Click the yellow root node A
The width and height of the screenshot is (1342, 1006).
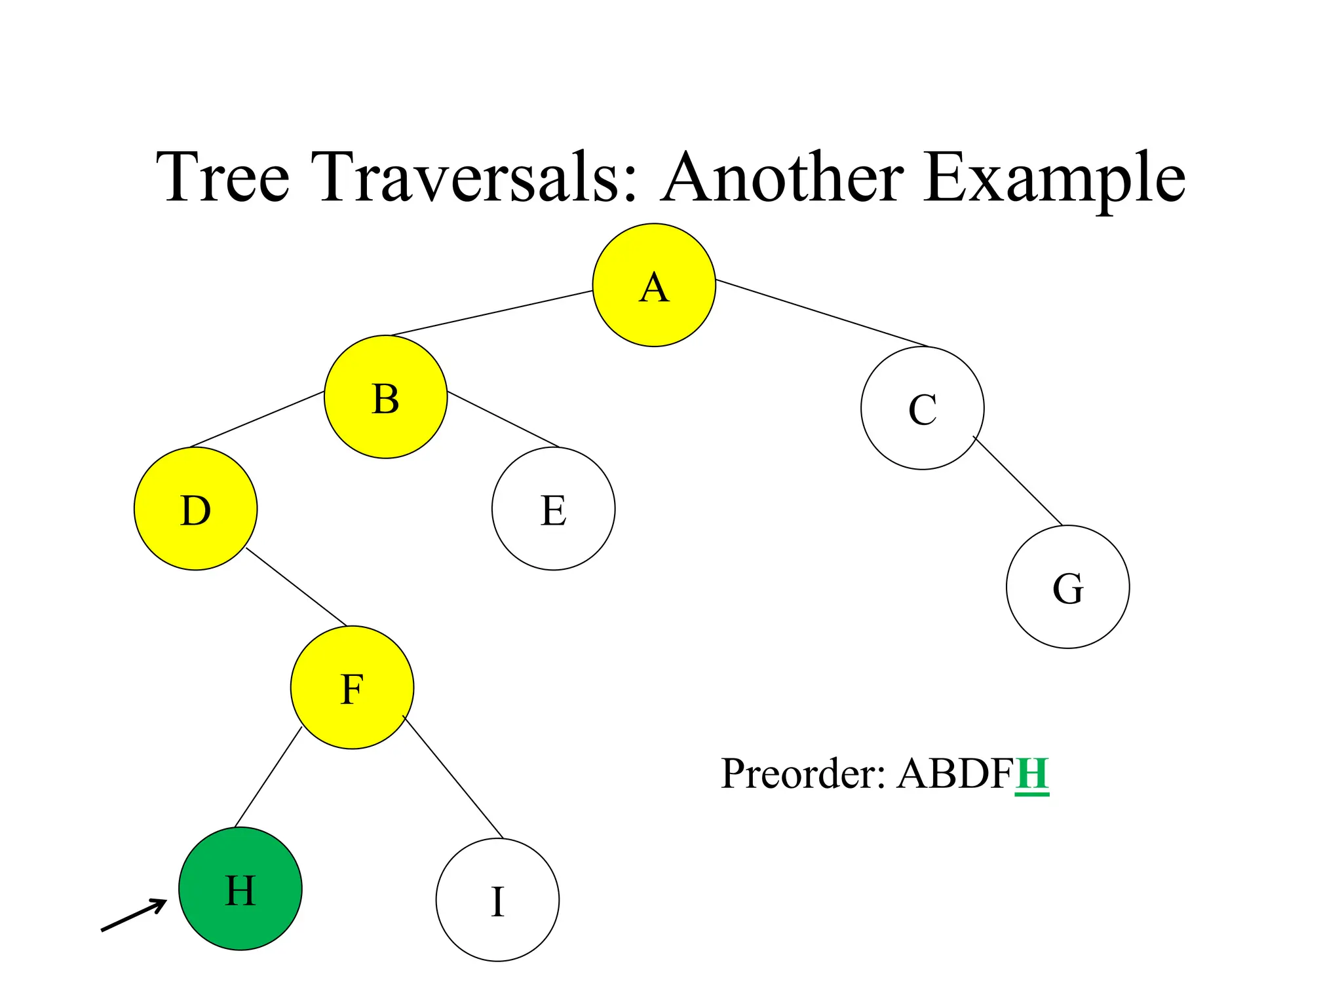[x=654, y=285]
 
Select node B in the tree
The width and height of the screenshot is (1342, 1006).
[x=386, y=397]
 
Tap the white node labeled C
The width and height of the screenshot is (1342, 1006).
[x=922, y=408]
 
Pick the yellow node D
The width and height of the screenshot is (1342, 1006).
[x=195, y=509]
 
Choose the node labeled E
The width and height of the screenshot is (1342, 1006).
[x=553, y=509]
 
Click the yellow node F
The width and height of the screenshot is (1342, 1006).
[x=352, y=688]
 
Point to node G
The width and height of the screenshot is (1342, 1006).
[x=1067, y=587]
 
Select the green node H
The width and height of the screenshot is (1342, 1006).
[x=240, y=889]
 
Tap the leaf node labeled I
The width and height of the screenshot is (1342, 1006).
[x=497, y=900]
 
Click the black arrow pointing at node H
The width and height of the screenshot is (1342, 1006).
[x=134, y=915]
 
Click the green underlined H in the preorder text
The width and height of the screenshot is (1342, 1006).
[x=1032, y=774]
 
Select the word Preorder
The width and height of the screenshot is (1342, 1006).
[x=803, y=774]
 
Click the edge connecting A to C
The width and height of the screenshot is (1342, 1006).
[x=822, y=314]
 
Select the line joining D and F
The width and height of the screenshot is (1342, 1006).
[x=296, y=587]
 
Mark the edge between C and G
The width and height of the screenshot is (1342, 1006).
[x=1018, y=481]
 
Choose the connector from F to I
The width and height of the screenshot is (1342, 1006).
[x=453, y=777]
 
